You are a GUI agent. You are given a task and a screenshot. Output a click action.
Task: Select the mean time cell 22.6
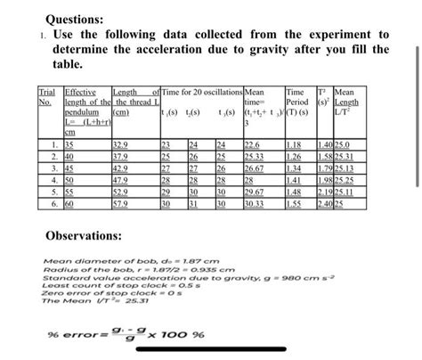click(x=253, y=143)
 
